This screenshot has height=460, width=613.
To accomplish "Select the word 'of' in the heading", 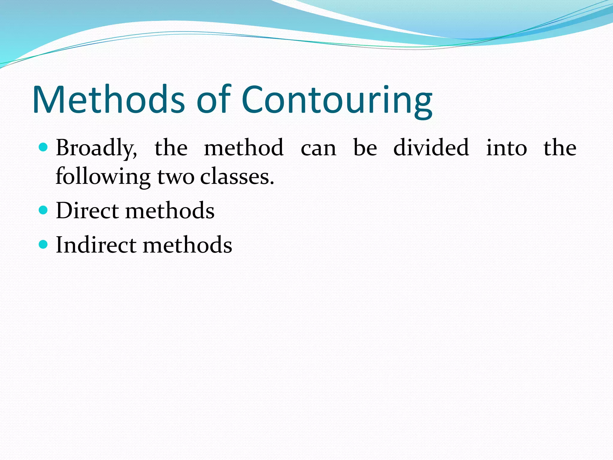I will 214,100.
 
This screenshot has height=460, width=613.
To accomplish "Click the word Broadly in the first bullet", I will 96,148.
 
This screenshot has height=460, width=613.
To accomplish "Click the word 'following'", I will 103,177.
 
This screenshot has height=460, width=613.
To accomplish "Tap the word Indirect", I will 96,245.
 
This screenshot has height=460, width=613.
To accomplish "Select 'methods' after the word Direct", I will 170,210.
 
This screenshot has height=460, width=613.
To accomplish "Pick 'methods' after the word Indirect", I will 187,245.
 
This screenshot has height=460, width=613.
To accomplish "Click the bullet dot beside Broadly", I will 43,147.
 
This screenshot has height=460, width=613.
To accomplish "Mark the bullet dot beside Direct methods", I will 43,210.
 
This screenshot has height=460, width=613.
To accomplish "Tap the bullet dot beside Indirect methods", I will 43,245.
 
